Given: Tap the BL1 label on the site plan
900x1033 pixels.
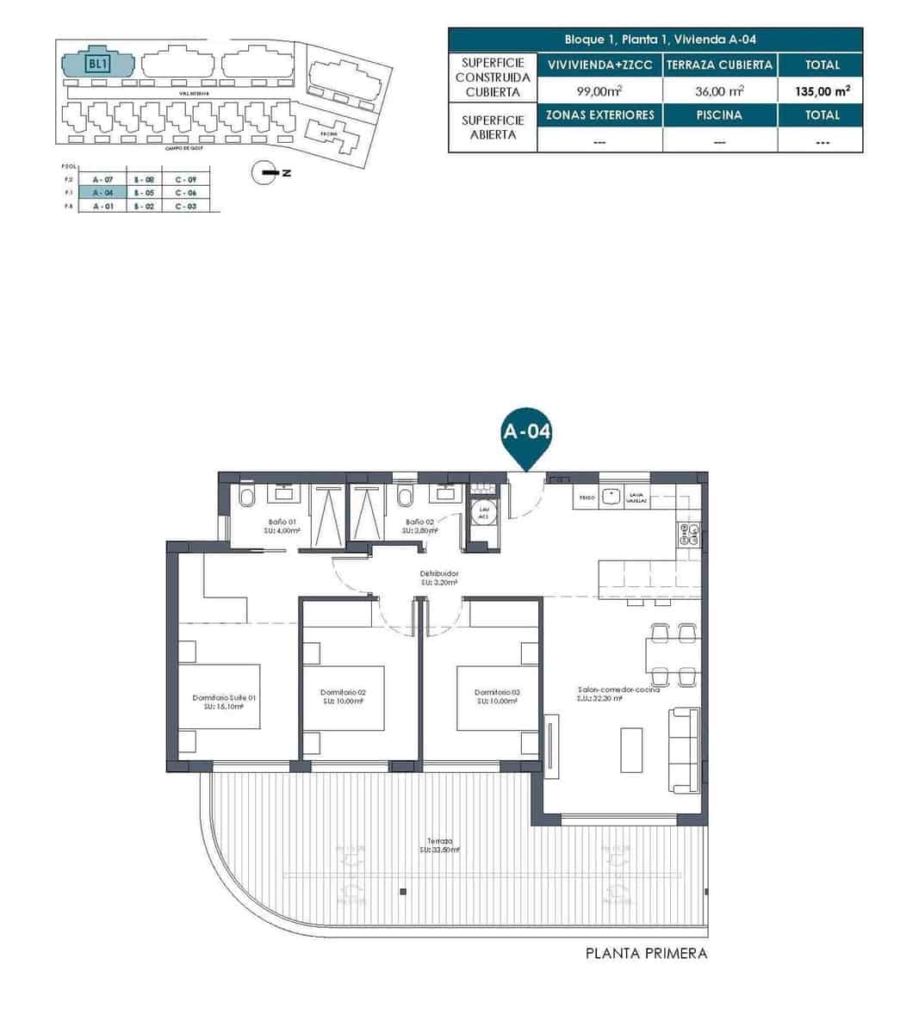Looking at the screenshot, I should click(x=97, y=63).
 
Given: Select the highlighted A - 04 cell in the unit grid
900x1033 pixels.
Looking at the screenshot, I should click(x=102, y=193).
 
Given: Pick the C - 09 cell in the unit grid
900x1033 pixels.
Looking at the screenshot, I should click(x=186, y=179).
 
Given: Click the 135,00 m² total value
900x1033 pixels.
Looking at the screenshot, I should click(x=822, y=90).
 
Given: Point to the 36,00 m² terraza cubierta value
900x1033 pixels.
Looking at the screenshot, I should click(x=719, y=90).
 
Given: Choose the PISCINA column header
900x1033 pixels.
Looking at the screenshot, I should click(x=719, y=114).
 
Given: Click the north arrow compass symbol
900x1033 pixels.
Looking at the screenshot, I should click(x=264, y=173).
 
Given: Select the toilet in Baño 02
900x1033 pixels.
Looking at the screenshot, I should click(x=404, y=497).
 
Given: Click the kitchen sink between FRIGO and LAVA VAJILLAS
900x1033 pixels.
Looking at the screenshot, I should click(x=612, y=496).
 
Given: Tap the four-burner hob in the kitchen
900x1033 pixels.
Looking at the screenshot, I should click(x=691, y=535).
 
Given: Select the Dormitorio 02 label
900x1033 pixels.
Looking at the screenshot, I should click(x=343, y=696).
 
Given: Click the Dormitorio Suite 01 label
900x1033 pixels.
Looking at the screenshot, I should click(x=224, y=702).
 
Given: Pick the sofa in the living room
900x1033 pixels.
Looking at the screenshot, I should click(x=686, y=750).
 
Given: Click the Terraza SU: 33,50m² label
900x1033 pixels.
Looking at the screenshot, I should click(x=439, y=844).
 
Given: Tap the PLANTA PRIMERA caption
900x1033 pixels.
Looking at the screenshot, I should click(x=646, y=953).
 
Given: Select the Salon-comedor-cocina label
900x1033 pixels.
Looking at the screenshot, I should click(x=618, y=694).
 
